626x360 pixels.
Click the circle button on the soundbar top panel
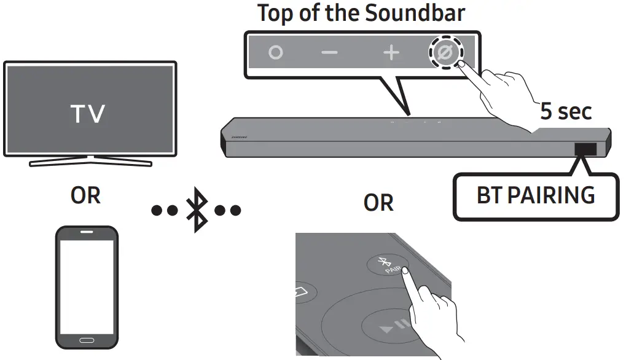tap(276, 53)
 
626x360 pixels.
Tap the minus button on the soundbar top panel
tap(329, 53)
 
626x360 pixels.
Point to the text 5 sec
tap(566, 111)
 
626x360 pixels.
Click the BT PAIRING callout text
tap(536, 195)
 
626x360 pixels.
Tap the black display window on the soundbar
tap(585, 149)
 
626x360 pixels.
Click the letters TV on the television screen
tap(88, 114)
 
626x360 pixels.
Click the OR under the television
tap(85, 195)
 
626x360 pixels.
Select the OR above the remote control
tap(378, 203)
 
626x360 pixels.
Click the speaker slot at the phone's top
tap(87, 233)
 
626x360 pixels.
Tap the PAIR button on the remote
tap(386, 265)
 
